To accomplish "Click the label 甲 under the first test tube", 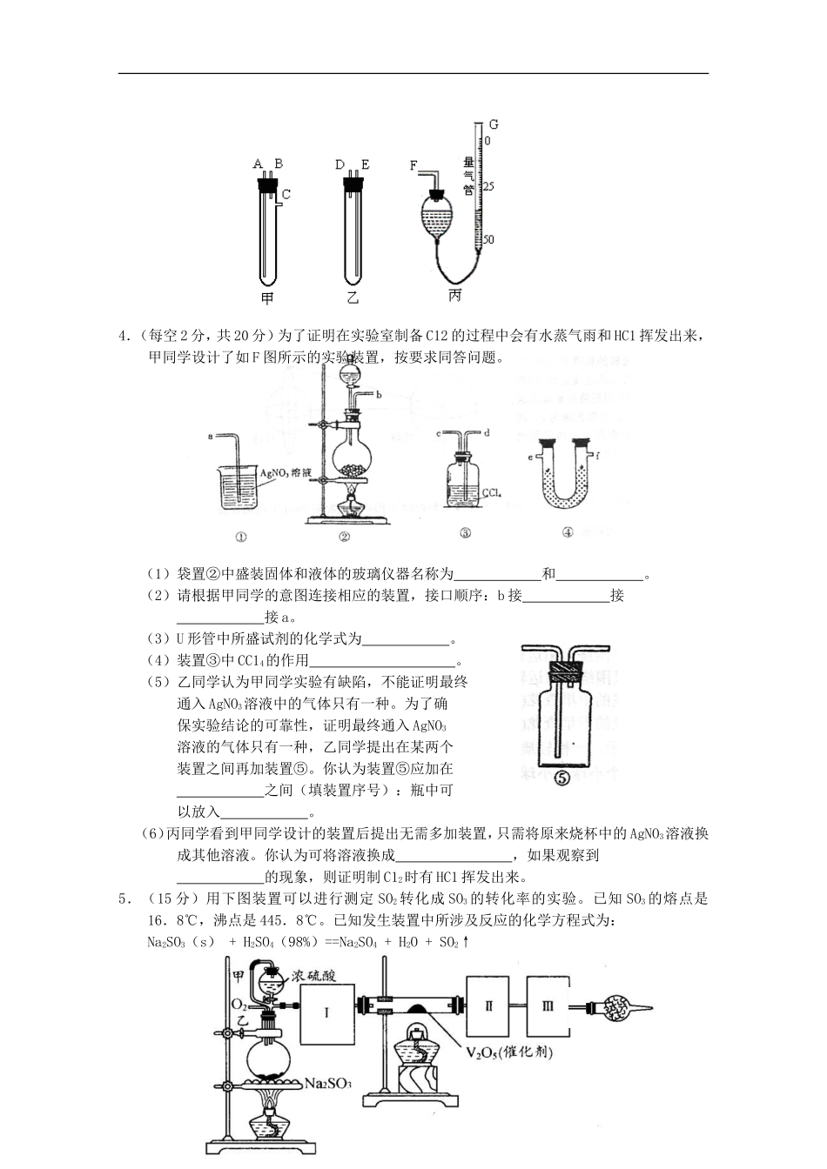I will [x=267, y=298].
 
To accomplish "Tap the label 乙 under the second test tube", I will [x=353, y=298].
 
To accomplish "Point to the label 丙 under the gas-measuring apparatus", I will [x=454, y=296].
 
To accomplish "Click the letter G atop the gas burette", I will [x=494, y=124].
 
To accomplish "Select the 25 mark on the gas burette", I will [x=488, y=187].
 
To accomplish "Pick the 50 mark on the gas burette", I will [x=488, y=239].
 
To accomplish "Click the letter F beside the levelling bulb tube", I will [x=413, y=164].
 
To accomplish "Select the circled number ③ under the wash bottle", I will [x=466, y=534].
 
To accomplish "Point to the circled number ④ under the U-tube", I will [x=568, y=533].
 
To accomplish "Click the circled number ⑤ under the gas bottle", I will [x=561, y=778].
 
